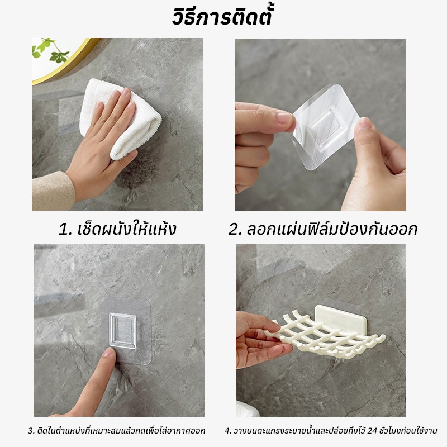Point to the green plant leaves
click(50, 50)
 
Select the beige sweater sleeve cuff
click(53, 191)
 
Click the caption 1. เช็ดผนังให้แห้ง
click(117, 229)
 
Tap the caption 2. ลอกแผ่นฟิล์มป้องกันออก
click(323, 229)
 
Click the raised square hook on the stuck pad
click(123, 331)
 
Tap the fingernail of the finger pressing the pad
click(110, 353)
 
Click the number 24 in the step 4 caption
click(372, 430)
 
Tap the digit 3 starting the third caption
click(30, 430)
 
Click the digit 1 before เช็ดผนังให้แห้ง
click(63, 230)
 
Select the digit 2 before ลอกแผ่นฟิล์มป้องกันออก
click(233, 230)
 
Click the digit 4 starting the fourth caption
click(227, 430)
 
